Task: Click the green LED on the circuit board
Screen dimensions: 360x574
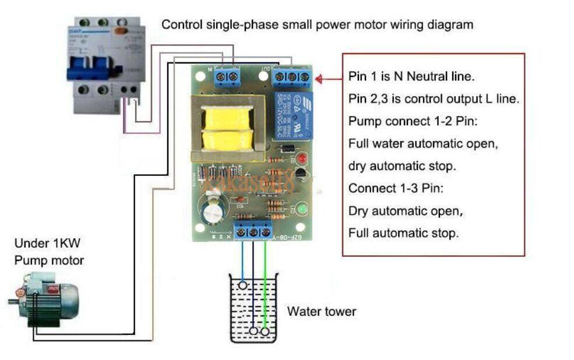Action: click(302, 209)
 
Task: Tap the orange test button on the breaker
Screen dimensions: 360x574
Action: click(121, 32)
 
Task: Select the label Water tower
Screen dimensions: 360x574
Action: click(321, 312)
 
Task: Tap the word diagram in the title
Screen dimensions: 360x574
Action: click(449, 25)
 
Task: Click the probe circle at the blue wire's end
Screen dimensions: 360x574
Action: click(242, 285)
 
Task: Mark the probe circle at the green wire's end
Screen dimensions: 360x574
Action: click(266, 331)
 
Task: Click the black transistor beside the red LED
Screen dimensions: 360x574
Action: click(300, 174)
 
